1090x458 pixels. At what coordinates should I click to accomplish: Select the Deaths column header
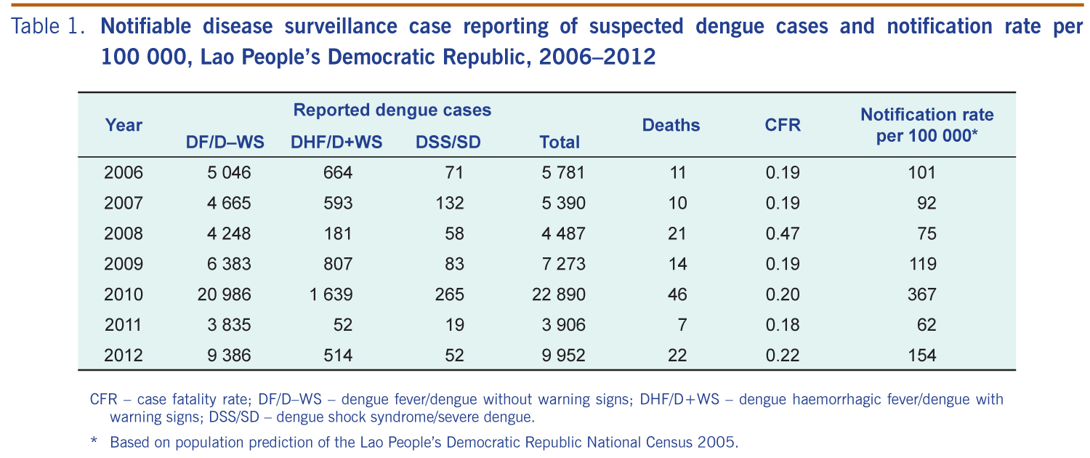671,125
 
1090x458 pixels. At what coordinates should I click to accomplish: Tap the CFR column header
783,125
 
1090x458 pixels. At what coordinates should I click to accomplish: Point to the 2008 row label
124,233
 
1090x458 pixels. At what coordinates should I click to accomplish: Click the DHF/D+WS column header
336,142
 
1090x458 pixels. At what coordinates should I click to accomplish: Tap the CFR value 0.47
782,233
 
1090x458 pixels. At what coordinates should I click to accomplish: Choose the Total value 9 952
560,355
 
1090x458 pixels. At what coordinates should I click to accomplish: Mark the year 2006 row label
124,172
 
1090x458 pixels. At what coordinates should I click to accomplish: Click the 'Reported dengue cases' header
392,110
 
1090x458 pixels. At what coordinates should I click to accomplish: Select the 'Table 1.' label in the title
49,28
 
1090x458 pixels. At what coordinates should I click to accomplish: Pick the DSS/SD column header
448,142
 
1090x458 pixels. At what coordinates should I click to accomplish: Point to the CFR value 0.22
782,355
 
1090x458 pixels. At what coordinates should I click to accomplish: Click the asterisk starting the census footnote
94,441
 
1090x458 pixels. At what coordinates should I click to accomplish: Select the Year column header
124,125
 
